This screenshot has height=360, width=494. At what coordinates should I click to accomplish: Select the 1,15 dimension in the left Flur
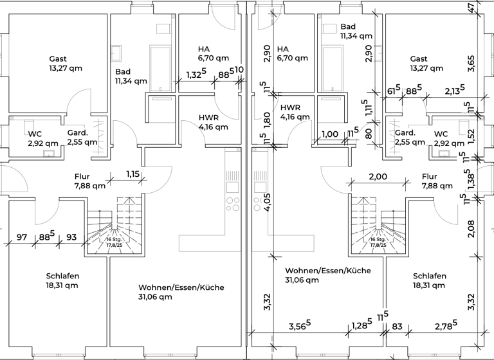tap(133, 174)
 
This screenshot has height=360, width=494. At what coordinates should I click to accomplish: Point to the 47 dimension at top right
tap(471, 8)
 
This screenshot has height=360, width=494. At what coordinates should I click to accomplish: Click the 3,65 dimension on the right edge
tap(471, 63)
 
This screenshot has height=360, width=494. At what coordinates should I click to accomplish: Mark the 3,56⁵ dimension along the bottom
tap(299, 326)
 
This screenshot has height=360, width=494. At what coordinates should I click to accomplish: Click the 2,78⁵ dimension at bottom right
tap(445, 326)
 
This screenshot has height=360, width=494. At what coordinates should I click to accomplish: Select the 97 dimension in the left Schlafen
tap(22, 237)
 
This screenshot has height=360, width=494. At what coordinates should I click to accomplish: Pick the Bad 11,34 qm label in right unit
tap(356, 32)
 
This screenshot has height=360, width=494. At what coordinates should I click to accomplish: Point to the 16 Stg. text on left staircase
tap(114, 239)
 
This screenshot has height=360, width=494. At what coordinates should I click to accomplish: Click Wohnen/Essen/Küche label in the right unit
tap(328, 275)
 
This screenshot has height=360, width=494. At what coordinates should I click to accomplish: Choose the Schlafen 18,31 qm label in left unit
tap(62, 280)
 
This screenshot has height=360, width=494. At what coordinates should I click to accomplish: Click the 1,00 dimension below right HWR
tap(329, 134)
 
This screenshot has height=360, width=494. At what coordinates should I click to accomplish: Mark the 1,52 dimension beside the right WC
tap(471, 134)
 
